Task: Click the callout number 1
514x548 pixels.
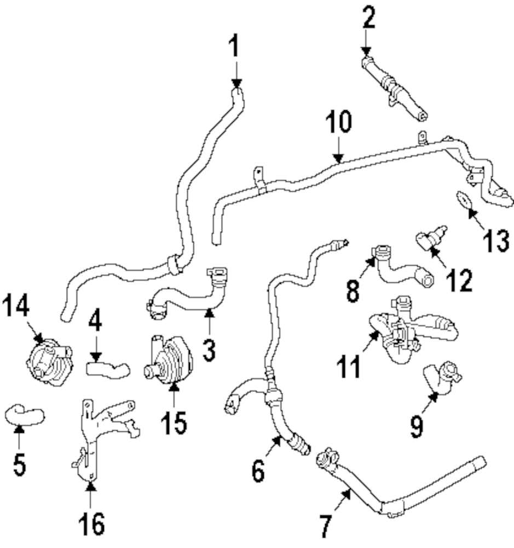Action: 234,45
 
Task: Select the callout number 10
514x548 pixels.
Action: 339,121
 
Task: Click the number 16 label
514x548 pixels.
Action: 91,524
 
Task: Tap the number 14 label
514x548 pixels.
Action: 16,305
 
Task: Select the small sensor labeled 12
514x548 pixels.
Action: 431,238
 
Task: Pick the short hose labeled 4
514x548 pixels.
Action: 107,370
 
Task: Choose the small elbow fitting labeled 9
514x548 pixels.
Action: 443,379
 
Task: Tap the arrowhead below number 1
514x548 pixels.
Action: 236,83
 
